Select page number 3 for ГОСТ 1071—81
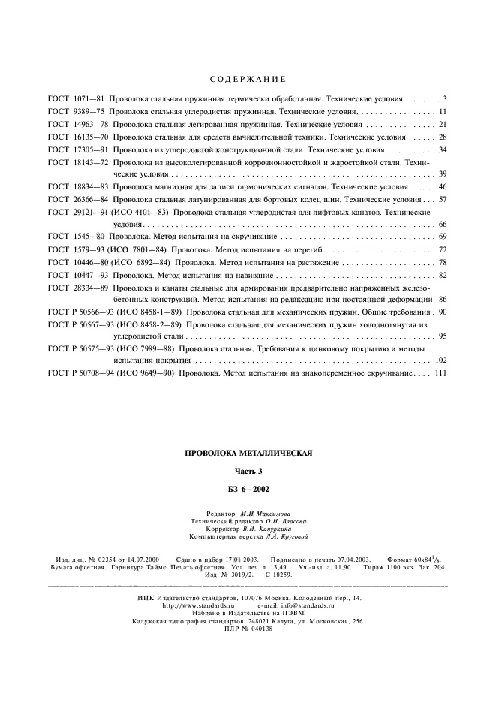pos(445,99)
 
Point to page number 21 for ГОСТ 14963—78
pos(443,124)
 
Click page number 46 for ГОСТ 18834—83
pos(443,186)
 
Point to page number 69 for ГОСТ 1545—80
pos(443,237)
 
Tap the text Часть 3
pos(248,471)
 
